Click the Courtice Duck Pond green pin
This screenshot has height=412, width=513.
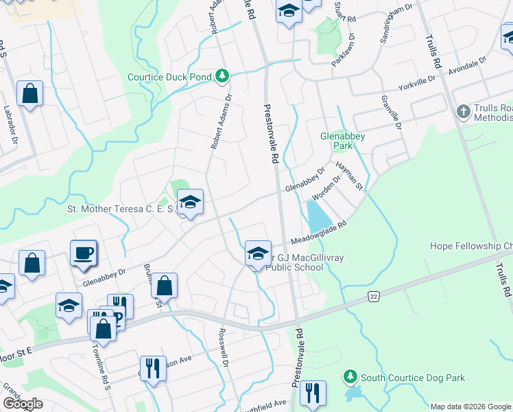[x=222, y=76]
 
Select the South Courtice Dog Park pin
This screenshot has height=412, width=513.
[x=350, y=377]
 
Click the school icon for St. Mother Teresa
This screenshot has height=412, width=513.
[x=190, y=202]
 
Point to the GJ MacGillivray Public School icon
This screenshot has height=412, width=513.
[x=258, y=253]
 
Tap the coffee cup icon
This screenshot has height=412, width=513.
[x=83, y=253]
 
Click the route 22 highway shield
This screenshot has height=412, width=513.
[x=372, y=295]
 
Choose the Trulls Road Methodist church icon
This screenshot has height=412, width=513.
[x=463, y=111]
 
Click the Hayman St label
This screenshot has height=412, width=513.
[x=348, y=176]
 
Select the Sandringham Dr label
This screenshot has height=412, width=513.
[x=398, y=20]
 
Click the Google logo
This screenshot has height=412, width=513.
[x=23, y=404]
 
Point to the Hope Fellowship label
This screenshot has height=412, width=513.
[x=470, y=246]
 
